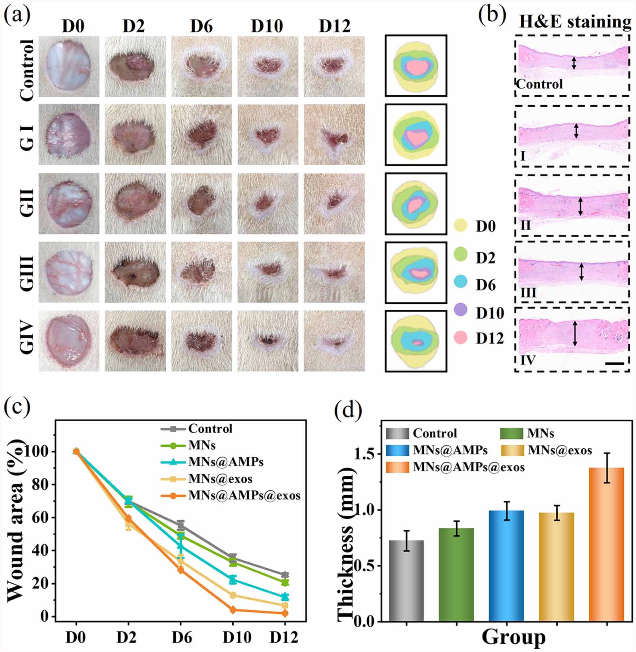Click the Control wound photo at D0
(69, 66)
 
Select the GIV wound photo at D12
(334, 341)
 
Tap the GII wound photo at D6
(202, 203)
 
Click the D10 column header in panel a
(267, 27)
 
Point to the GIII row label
(27, 272)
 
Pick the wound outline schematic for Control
(416, 66)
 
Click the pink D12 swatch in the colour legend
(461, 338)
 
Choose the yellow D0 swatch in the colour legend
(461, 226)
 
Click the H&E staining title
(575, 21)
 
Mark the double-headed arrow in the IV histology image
(574, 333)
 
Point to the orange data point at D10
(233, 610)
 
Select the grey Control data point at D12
(285, 575)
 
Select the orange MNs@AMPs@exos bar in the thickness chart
(606, 544)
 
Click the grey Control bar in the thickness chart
(406, 580)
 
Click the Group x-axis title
(513, 637)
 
